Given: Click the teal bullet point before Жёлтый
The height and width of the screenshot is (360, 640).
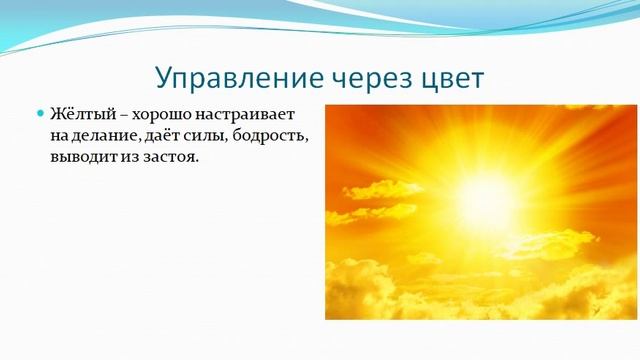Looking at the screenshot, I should coord(41,114).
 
